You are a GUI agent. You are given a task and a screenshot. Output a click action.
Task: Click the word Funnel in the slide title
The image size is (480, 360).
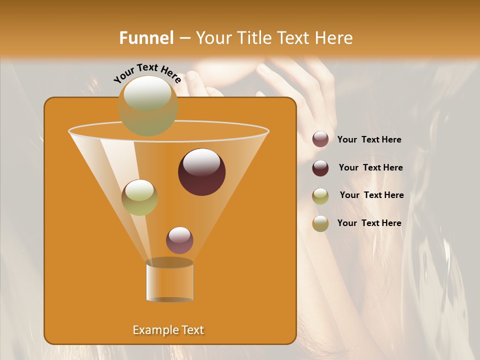146,38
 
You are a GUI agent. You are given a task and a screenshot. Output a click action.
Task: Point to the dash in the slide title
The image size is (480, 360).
184,38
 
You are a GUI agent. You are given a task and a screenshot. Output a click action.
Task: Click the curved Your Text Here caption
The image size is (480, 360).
147,73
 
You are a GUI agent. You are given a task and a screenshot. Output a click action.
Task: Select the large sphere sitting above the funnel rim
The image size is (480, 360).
148,105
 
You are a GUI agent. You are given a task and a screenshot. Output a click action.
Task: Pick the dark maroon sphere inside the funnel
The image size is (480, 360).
201,171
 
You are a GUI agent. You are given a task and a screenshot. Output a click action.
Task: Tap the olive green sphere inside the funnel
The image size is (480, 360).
139,197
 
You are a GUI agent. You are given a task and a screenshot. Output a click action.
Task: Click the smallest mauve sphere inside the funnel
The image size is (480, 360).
179,240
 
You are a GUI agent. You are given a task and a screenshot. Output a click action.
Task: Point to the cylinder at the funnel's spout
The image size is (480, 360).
169,281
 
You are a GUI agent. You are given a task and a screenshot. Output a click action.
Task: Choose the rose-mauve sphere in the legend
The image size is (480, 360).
320,139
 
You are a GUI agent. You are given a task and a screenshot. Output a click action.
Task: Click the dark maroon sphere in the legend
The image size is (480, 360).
320,168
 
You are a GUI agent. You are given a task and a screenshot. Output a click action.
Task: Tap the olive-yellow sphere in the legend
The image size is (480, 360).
320,196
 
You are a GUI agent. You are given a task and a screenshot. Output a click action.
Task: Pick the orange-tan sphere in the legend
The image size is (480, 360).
320,223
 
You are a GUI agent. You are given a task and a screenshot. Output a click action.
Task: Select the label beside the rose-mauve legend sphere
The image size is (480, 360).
369,139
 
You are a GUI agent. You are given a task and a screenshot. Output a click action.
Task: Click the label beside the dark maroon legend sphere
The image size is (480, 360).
370,167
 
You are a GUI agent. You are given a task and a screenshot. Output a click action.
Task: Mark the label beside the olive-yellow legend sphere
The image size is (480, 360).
371,195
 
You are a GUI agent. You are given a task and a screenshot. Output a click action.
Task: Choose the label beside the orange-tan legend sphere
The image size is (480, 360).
369,223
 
